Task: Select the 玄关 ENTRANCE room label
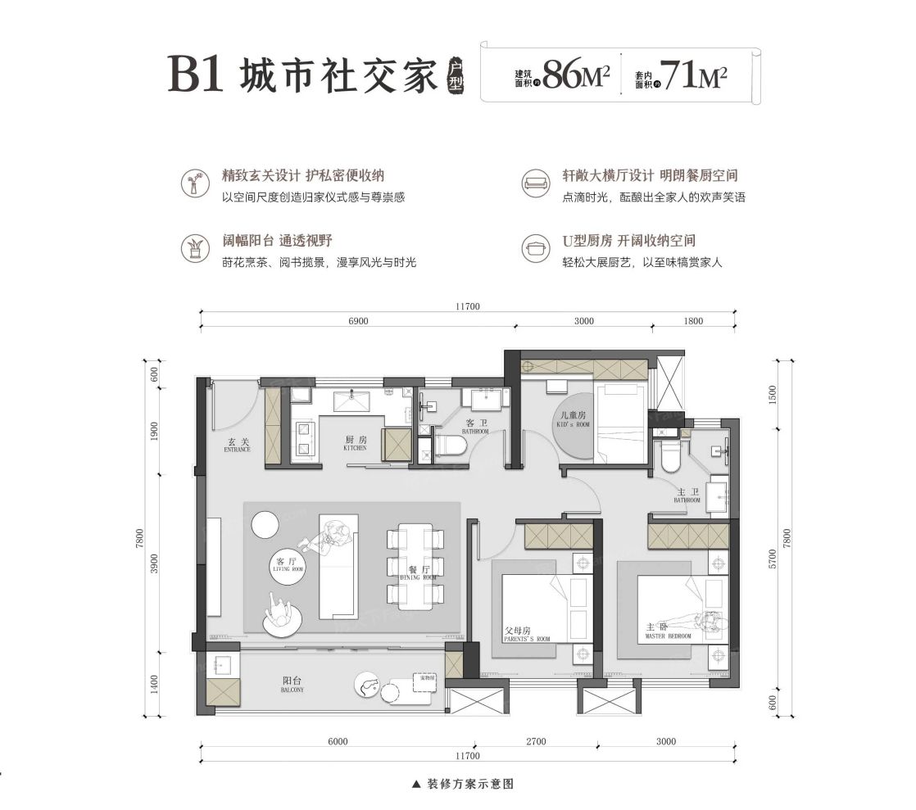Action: coord(238,446)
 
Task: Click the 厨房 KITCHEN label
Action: coord(355,443)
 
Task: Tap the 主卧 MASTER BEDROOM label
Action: coord(668,631)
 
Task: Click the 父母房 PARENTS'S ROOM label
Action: coord(525,634)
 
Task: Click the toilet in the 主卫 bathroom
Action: coord(670,457)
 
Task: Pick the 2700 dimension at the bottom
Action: coord(536,742)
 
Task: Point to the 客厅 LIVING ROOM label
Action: coord(286,565)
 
